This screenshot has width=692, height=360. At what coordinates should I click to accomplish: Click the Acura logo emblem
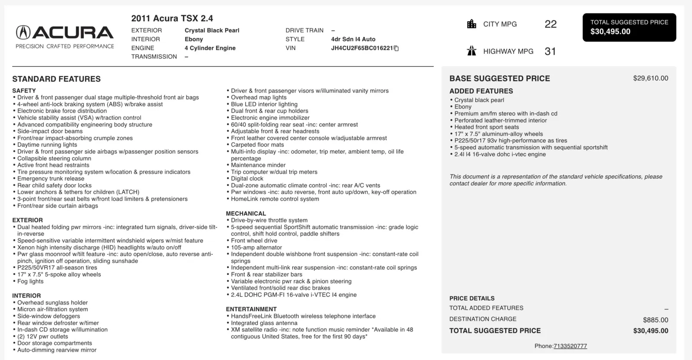pos(23,32)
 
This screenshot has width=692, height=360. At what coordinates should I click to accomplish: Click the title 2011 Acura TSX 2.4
pos(172,18)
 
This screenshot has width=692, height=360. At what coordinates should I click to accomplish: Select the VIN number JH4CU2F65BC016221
pos(362,48)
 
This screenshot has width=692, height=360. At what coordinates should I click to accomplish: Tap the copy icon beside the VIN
pos(396,48)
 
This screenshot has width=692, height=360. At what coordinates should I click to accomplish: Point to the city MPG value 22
pos(550,24)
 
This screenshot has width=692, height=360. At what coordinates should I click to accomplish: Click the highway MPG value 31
pos(550,51)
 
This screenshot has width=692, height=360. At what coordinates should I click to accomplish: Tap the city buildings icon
pos(471,24)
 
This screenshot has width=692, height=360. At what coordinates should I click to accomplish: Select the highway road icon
pos(471,51)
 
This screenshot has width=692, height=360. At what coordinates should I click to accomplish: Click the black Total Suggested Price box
pos(629,27)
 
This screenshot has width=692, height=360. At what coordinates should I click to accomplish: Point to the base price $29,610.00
pos(650,78)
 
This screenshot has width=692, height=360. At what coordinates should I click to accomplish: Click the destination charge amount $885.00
pos(655,320)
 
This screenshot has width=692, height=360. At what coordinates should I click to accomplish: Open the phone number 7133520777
pos(570,346)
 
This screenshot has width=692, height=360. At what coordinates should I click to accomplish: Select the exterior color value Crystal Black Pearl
pos(212,30)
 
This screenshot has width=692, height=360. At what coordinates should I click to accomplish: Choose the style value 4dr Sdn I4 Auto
pos(353,39)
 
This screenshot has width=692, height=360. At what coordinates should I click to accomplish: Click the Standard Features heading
pos(56,79)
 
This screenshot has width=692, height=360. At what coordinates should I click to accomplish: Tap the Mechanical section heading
pos(246,213)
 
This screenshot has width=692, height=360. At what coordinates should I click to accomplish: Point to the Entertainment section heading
pos(251,309)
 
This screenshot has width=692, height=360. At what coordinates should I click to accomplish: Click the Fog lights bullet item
pos(30,281)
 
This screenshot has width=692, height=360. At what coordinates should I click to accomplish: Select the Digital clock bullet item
pos(247,178)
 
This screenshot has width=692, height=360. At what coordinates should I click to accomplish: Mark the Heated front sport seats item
pos(487,127)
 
